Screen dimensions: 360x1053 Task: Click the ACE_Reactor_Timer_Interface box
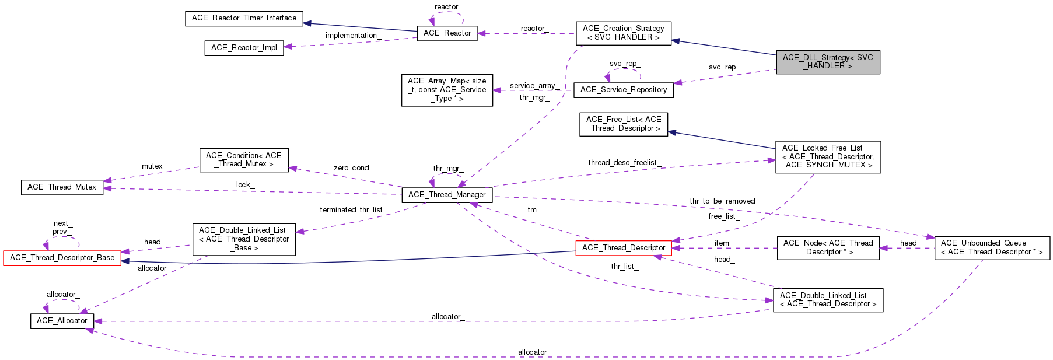coord(244,18)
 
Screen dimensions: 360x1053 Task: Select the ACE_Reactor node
coord(447,33)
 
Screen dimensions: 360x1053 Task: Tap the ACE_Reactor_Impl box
coord(244,48)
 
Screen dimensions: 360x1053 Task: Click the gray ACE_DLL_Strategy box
coord(828,62)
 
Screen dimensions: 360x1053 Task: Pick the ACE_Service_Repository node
coord(624,90)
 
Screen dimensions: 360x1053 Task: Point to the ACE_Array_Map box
coord(447,90)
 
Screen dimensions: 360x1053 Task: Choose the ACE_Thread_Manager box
coord(447,195)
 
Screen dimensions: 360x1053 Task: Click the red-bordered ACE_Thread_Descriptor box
coord(624,248)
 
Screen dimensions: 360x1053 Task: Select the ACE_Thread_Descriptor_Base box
coord(62,258)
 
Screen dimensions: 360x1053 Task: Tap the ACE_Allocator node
coord(62,321)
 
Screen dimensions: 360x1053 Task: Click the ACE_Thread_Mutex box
coord(62,187)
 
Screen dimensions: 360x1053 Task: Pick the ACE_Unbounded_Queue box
coord(992,248)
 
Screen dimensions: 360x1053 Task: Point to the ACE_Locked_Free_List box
coord(828,157)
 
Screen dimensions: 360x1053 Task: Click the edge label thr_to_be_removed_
coord(724,201)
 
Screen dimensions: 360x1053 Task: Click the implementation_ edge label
coord(353,36)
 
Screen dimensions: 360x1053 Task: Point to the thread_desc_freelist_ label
coord(624,163)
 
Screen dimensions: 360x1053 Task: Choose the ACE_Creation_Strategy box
coord(624,33)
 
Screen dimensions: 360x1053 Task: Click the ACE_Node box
coord(828,248)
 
